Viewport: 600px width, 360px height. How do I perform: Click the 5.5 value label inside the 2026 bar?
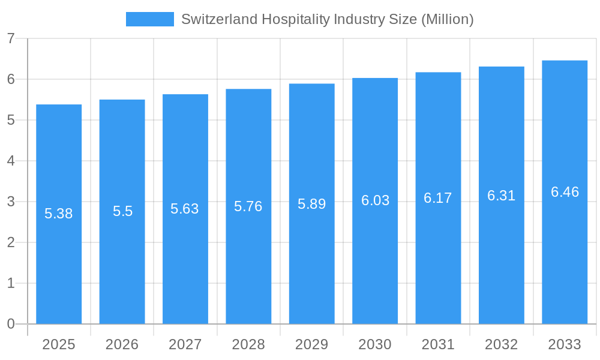(x=122, y=211)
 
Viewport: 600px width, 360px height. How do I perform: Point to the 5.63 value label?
(x=185, y=209)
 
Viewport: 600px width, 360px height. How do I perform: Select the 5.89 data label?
(x=311, y=204)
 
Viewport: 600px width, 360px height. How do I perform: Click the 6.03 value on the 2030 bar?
(x=375, y=200)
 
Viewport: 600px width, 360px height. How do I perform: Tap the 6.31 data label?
(x=501, y=196)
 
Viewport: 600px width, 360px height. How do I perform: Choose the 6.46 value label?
(x=565, y=192)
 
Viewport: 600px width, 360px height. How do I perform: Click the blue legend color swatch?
(x=149, y=19)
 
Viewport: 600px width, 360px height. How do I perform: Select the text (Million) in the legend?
(x=448, y=19)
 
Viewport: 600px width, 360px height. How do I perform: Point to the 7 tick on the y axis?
(x=11, y=38)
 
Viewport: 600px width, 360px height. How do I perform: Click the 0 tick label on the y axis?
(x=11, y=324)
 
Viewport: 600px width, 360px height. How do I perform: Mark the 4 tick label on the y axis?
(x=11, y=161)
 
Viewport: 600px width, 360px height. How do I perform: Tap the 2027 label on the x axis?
(x=185, y=344)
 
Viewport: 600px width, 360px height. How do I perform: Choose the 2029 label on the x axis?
(x=311, y=344)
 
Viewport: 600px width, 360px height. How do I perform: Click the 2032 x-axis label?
(x=501, y=344)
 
